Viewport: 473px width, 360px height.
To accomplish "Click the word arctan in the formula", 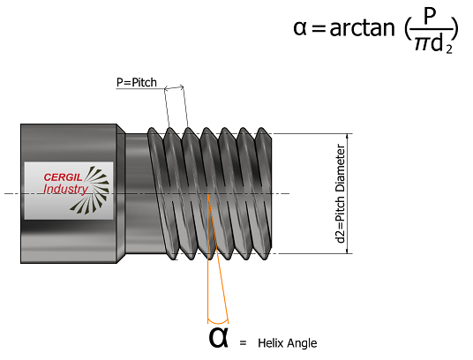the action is [363, 28].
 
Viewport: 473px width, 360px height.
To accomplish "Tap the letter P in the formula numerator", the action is [428, 17].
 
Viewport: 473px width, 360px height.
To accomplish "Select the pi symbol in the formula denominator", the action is [422, 45].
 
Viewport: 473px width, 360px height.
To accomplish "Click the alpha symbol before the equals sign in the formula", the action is [300, 29].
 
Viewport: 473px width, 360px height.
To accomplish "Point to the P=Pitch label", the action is [137, 82].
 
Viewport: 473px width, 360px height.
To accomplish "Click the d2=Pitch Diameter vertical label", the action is [341, 193].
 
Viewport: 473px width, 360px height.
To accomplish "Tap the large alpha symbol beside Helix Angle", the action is [218, 338].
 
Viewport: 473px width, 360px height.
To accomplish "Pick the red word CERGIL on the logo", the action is [63, 177].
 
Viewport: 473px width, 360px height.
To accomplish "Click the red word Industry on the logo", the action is [65, 190].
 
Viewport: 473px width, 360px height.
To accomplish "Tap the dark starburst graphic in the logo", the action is [91, 190].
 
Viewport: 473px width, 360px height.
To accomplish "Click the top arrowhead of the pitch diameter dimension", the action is [348, 136].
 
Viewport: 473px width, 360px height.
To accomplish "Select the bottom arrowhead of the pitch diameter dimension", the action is [348, 251].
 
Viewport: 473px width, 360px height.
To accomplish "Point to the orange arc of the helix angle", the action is [218, 322].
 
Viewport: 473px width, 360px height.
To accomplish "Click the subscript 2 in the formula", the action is [449, 49].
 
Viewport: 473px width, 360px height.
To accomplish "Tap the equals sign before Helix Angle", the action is [244, 343].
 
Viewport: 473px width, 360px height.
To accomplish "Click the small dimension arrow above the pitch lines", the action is [174, 87].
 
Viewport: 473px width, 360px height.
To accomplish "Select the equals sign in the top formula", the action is [319, 29].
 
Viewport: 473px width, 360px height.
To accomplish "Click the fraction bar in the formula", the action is [432, 29].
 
